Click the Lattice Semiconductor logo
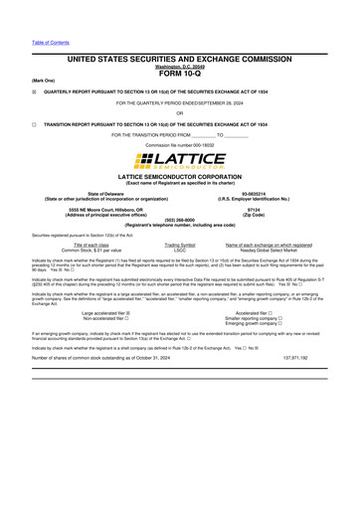pyautogui.click(x=180, y=160)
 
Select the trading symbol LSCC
pyautogui.click(x=180, y=249)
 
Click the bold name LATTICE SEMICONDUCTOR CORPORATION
pyautogui.click(x=180, y=176)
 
